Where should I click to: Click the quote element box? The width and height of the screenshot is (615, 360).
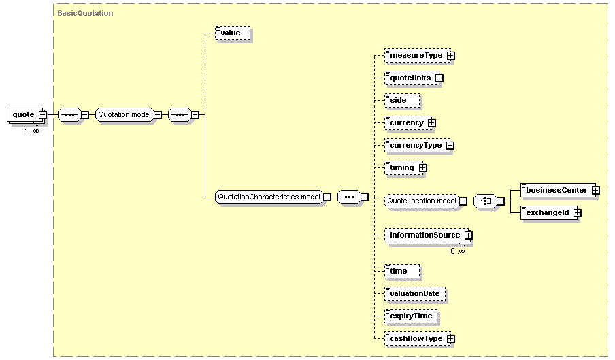(24, 114)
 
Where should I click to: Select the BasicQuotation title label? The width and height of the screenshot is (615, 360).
(86, 13)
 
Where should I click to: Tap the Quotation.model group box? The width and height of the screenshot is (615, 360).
(124, 114)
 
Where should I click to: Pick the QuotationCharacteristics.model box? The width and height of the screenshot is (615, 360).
(268, 197)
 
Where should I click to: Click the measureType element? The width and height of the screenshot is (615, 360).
(415, 55)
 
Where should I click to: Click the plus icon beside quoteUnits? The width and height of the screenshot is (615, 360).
(439, 78)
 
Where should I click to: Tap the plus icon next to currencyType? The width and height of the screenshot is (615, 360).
(450, 146)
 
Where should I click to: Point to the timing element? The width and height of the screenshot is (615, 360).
(401, 167)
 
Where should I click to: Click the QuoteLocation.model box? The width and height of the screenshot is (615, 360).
(421, 201)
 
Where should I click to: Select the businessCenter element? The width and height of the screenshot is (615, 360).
(556, 190)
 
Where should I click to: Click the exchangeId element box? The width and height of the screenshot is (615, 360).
(546, 213)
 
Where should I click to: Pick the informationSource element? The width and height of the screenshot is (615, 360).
(425, 235)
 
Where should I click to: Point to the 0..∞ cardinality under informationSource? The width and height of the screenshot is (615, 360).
(457, 251)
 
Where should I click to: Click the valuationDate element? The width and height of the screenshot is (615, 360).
(415, 294)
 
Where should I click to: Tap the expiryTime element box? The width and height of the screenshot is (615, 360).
(410, 316)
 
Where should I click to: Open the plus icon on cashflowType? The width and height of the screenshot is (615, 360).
(450, 339)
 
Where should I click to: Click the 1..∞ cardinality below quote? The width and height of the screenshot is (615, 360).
(32, 130)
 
